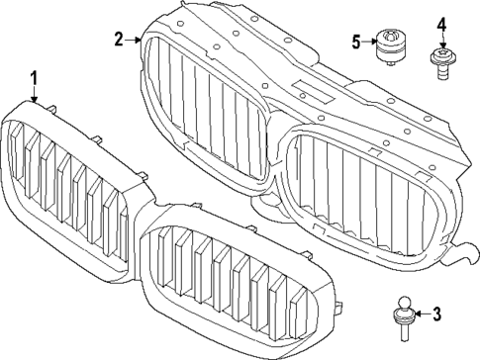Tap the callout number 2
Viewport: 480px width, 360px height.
[x=119, y=40]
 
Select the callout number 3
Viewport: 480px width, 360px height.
[x=436, y=315]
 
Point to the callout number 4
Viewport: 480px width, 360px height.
[x=441, y=24]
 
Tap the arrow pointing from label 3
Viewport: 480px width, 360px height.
[x=419, y=315]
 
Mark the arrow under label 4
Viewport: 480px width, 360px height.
[x=441, y=41]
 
